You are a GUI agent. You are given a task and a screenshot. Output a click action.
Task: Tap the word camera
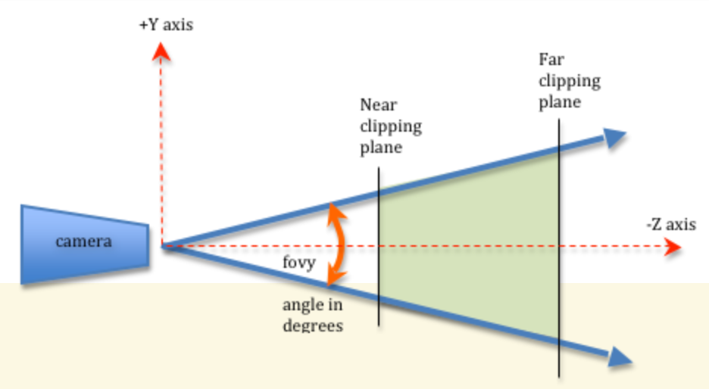click(83, 242)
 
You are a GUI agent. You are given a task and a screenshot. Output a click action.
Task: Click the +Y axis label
click(166, 25)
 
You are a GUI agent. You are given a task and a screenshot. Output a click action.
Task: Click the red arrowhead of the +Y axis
click(160, 51)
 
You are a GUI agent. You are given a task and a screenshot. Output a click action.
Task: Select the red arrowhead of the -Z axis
click(670, 247)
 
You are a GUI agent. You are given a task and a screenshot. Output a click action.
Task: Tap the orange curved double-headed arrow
click(338, 244)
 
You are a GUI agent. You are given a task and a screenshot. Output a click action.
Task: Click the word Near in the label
click(378, 105)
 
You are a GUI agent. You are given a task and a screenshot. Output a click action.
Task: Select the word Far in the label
click(551, 60)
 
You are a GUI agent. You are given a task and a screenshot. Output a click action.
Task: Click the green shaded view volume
click(470, 242)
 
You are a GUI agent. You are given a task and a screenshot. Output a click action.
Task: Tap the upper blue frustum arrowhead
click(615, 137)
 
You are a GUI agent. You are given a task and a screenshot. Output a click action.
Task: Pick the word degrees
click(313, 325)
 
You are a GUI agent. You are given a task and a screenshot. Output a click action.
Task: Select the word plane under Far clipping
click(560, 102)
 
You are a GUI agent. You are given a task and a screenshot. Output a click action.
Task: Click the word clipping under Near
click(390, 126)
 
